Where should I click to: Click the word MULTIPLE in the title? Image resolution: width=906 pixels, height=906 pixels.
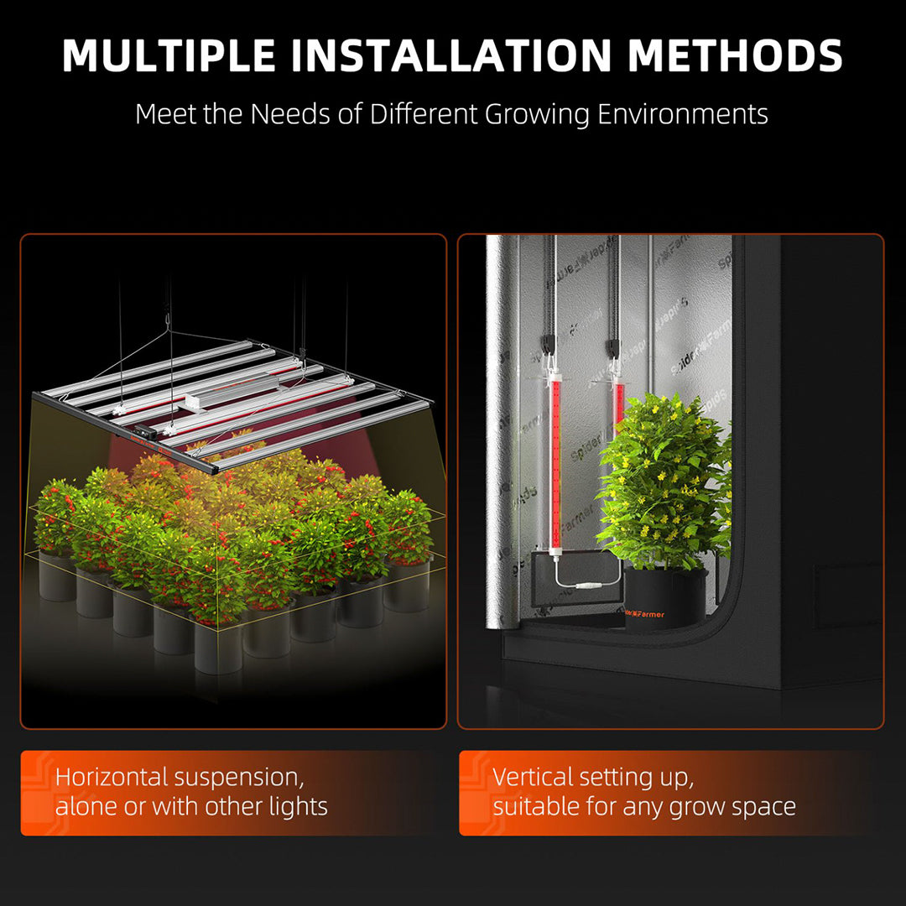169,55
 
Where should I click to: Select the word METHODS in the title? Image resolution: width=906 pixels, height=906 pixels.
735,55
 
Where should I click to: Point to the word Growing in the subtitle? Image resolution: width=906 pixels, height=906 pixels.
537,114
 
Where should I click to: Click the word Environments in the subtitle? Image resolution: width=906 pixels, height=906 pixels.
683,114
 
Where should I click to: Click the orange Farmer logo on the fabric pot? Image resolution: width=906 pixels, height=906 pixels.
644,614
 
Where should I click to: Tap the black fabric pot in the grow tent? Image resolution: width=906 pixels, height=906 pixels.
665,599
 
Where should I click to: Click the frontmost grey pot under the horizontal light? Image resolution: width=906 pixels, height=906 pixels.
218,647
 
